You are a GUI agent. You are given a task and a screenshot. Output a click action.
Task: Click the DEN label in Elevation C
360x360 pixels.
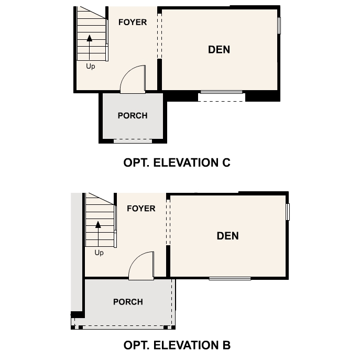[219, 50]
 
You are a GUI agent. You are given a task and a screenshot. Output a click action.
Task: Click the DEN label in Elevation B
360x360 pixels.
[227, 236]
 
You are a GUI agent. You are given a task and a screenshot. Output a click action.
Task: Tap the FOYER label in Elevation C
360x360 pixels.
[133, 22]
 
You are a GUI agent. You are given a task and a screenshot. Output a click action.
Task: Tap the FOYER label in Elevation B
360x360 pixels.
[141, 209]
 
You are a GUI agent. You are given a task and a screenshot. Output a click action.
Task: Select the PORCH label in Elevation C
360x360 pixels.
[133, 115]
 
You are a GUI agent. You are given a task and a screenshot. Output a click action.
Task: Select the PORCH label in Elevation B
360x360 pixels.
[128, 302]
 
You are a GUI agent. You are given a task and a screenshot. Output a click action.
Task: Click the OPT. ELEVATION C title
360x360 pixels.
[177, 162]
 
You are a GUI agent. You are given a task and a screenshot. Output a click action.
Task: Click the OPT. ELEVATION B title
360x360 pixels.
[177, 345]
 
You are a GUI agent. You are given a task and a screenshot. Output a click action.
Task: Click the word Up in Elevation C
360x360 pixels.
[90, 67]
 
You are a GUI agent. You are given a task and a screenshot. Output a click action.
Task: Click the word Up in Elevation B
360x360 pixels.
[99, 253]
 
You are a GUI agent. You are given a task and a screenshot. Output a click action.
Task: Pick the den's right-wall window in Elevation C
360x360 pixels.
[279, 25]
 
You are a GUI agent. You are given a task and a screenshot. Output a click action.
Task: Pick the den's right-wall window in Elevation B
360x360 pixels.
[288, 212]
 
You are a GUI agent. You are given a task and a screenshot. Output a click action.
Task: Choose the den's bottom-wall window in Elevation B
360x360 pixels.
[230, 278]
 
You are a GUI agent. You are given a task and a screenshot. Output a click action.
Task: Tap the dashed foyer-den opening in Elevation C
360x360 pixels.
[159, 36]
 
